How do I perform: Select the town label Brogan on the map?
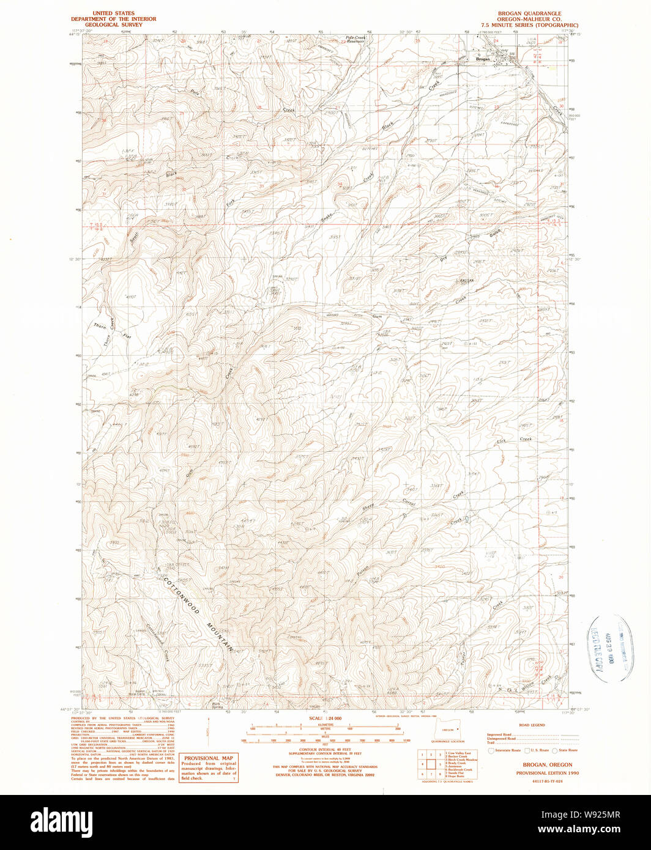coord(483,59)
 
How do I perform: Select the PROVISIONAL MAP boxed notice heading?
coord(207,757)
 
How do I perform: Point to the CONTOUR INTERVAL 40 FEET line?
coord(324,748)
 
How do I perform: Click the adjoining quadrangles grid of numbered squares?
coord(431,764)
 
